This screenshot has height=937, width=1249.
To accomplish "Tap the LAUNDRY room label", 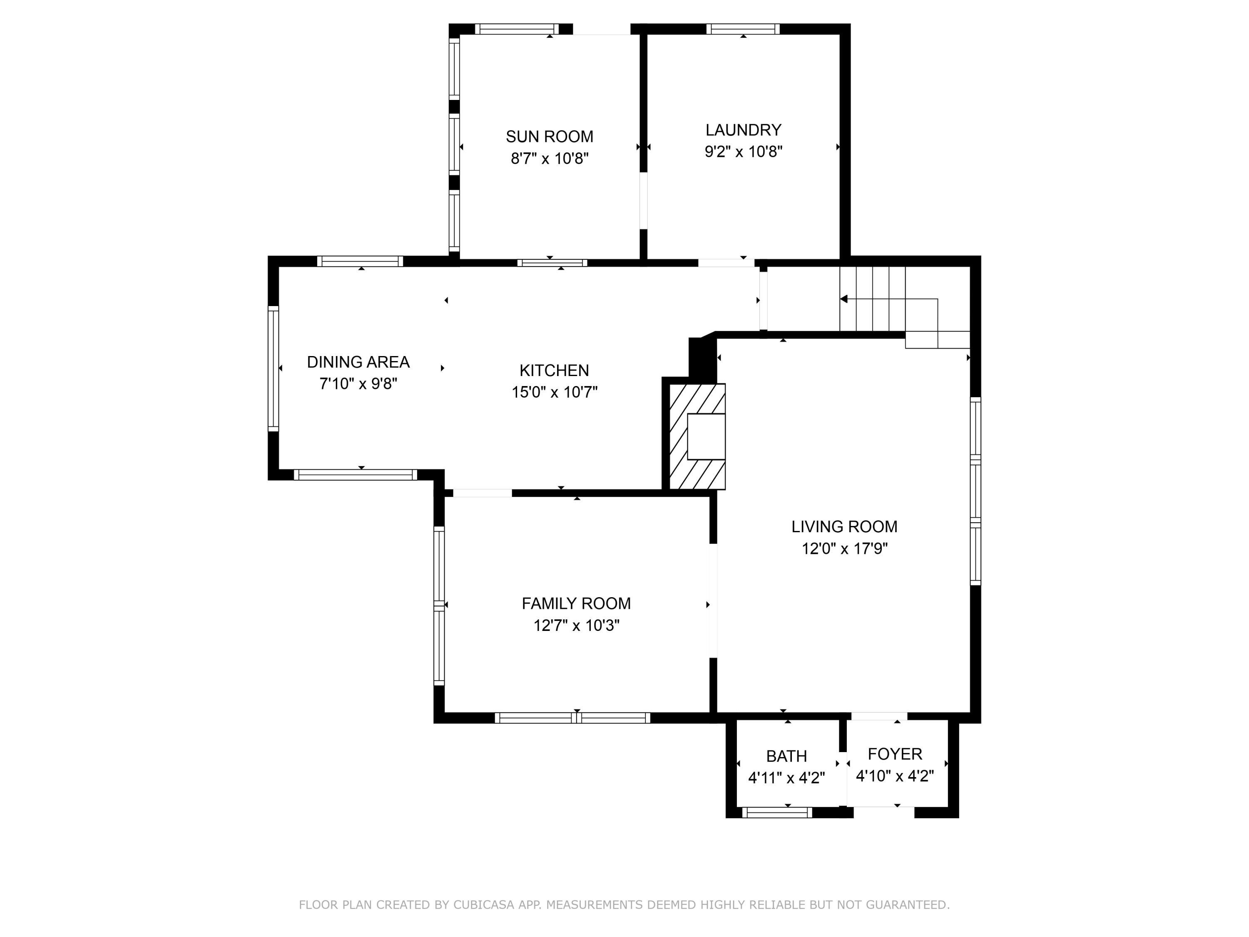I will point(743,130).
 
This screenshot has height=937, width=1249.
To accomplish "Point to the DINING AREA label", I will point(358,362).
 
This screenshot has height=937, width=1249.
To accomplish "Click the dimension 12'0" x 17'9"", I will point(844,548).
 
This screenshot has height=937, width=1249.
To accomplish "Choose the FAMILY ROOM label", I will point(576,603).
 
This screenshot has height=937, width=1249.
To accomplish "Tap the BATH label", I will point(786,756).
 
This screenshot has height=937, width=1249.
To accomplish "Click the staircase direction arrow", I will point(844,299).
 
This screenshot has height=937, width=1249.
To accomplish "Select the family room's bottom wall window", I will point(572,718).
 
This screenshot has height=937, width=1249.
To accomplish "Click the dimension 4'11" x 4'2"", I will point(786,778).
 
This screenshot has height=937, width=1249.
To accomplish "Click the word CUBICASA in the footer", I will point(483,904).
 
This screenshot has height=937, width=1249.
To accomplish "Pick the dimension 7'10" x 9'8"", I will point(358,384).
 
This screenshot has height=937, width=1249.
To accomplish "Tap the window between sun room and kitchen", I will point(552,263).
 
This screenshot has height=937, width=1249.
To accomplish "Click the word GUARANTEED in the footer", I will point(907,904).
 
